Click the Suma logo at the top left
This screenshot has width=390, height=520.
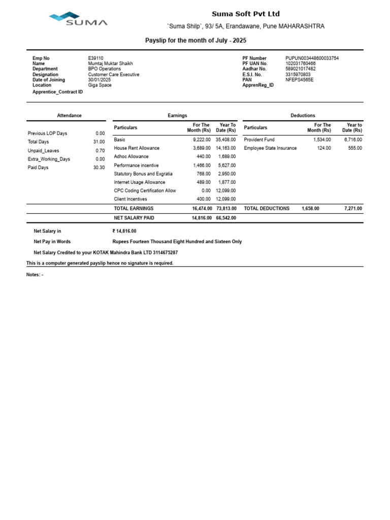[78, 19]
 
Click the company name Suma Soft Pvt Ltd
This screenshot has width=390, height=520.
[245, 14]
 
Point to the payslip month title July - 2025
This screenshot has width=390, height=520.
[196, 40]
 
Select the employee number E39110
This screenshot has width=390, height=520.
[95, 58]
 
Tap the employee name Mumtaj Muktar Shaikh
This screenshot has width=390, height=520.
[110, 64]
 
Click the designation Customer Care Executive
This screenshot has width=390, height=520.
[113, 75]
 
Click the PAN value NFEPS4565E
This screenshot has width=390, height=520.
[299, 80]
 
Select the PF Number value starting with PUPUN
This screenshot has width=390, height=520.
[312, 58]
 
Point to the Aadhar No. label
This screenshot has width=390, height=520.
[254, 69]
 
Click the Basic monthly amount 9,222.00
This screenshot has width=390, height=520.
[202, 140]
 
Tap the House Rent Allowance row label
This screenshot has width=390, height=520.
[137, 148]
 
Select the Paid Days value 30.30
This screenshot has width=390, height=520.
[99, 168]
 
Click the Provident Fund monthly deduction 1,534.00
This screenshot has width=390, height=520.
[322, 140]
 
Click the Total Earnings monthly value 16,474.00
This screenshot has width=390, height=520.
[202, 209]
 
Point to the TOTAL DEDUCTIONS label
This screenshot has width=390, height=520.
[267, 209]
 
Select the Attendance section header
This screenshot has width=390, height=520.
[69, 116]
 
